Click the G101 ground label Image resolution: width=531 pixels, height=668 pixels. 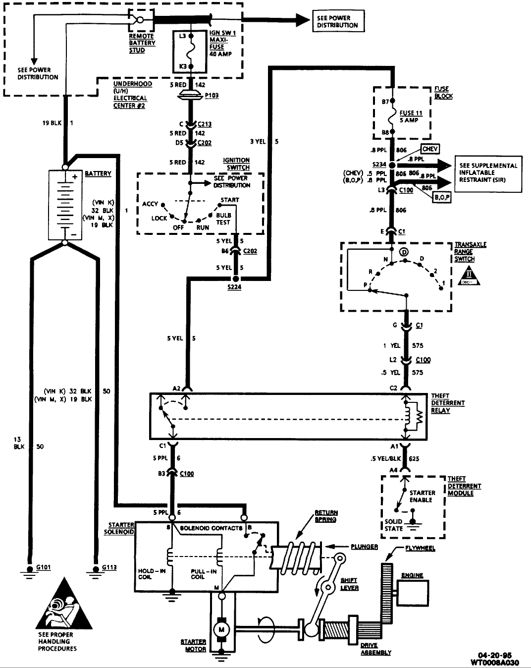tap(44, 567)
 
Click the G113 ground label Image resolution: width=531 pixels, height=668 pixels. tap(109, 567)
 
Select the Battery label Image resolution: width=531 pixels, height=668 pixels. tap(98, 173)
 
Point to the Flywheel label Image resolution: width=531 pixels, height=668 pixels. tap(421, 549)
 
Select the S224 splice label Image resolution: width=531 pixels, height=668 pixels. tap(235, 287)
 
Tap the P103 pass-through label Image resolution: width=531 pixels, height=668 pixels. tap(212, 95)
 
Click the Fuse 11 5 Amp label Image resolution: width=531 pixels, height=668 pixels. tap(411, 116)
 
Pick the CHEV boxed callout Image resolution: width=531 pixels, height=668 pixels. tap(430, 149)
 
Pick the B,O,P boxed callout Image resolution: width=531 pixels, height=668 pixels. tap(442, 197)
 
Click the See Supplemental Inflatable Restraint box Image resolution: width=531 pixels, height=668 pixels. tap(488, 173)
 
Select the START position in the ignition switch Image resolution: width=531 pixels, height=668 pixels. tap(230, 200)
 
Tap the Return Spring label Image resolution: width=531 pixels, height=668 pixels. tap(325, 516)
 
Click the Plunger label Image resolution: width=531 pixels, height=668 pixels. tap(364, 547)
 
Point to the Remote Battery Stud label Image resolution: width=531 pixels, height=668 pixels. tap(142, 43)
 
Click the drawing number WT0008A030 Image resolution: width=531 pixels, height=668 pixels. tap(496, 662)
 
